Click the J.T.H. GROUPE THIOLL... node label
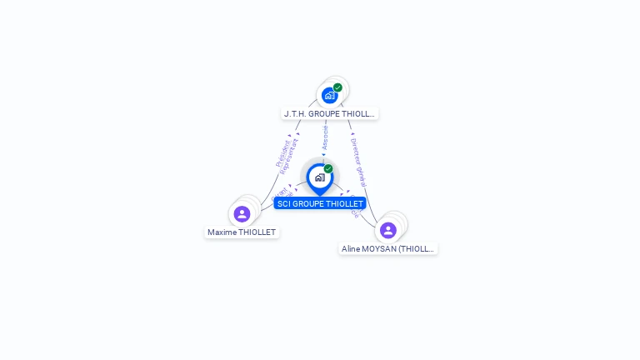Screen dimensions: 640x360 click(x=329, y=113)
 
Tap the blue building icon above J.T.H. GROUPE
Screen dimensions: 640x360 click(x=330, y=96)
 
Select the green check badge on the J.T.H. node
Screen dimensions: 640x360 click(x=337, y=87)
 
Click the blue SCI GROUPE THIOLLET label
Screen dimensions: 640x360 click(x=320, y=203)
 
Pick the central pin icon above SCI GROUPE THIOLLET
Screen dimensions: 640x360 click(x=319, y=177)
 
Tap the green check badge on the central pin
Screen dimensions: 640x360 click(x=328, y=169)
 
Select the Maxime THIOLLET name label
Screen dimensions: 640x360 click(x=242, y=232)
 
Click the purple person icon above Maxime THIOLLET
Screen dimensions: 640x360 click(x=242, y=214)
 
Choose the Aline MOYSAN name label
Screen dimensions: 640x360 click(x=388, y=248)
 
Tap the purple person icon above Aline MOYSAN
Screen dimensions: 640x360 click(x=387, y=230)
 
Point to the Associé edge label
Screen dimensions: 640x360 click(x=325, y=138)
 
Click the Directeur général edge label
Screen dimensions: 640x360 click(x=358, y=162)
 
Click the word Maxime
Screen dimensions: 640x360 click(x=222, y=232)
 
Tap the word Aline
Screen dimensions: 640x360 click(x=351, y=248)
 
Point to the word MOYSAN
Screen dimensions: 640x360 click(x=378, y=248)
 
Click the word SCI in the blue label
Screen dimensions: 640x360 click(x=284, y=203)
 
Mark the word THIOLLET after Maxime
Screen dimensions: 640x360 click(x=257, y=232)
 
